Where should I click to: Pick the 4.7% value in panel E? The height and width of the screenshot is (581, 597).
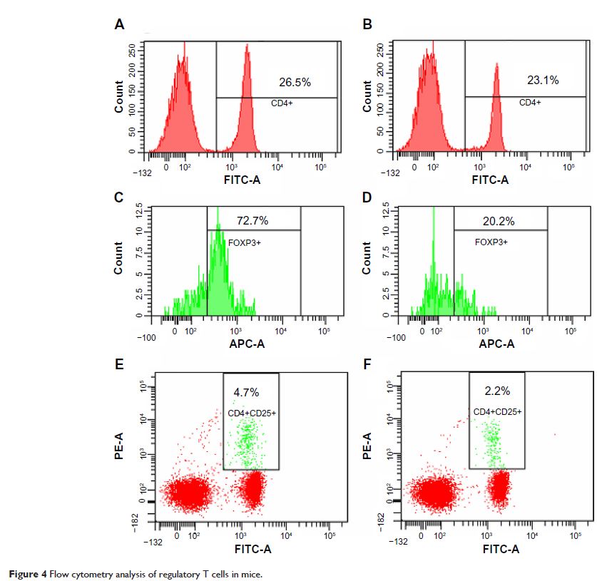tap(246, 392)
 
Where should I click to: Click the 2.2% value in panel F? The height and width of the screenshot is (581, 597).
tap(491, 391)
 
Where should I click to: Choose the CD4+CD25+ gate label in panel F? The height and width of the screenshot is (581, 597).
tap(498, 412)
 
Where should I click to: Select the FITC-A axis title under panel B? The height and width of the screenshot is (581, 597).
tap(490, 180)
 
